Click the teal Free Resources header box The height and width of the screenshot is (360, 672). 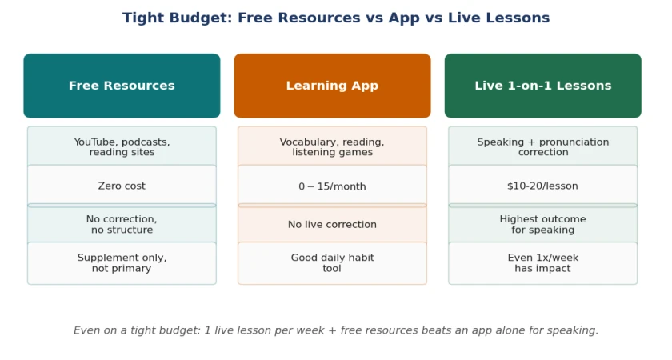(122, 86)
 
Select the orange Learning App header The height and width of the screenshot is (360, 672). (332, 86)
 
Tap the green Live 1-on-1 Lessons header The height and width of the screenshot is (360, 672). (543, 86)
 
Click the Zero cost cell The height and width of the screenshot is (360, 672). (122, 186)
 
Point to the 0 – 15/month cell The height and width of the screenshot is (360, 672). (332, 186)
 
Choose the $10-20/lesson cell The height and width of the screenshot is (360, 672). (543, 186)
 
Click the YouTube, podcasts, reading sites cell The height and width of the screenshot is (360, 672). (122, 146)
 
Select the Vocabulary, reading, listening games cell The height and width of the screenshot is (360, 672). (332, 146)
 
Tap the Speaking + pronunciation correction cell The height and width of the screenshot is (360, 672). (543, 146)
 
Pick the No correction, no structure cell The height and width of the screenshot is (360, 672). (122, 224)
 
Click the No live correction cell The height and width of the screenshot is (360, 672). (332, 224)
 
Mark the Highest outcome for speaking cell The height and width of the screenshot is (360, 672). (543, 224)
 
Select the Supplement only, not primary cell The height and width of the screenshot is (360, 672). (122, 263)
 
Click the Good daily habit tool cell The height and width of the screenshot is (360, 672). (332, 263)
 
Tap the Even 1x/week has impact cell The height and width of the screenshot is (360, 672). (543, 263)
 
